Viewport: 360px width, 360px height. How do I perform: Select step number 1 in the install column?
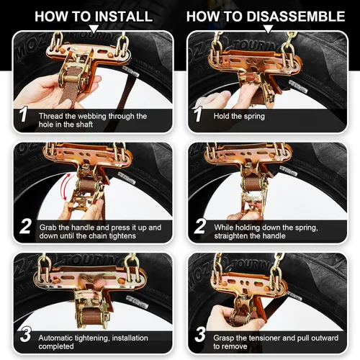pyautogui.click(x=23, y=114)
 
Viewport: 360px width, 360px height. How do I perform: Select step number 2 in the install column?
pyautogui.click(x=23, y=226)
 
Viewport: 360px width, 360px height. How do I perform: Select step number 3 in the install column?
pyautogui.click(x=23, y=336)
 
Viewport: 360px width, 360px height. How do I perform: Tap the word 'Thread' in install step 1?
pyautogui.click(x=51, y=115)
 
